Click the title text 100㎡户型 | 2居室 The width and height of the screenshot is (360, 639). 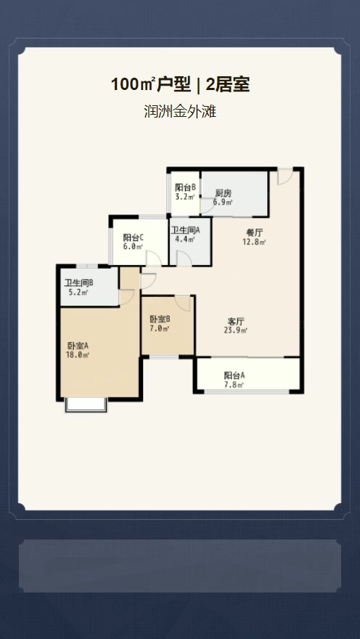(180, 85)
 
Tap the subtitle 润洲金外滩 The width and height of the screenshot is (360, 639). (180, 111)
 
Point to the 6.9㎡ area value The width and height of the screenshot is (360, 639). (222, 202)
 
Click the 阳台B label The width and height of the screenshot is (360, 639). (185, 187)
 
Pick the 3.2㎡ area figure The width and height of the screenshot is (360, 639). (185, 197)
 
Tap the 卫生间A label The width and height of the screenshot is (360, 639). (185, 230)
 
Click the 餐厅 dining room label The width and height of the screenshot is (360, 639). (255, 233)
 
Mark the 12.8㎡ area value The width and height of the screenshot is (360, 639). (255, 242)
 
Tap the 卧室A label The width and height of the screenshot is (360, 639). (78, 346)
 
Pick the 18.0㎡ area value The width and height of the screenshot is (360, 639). (78, 355)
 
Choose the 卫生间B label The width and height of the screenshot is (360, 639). (78, 282)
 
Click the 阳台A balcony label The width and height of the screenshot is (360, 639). (234, 375)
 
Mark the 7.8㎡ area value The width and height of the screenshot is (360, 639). (234, 384)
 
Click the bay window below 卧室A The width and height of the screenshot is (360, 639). (86, 404)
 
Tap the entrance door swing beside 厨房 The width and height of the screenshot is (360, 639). (285, 176)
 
